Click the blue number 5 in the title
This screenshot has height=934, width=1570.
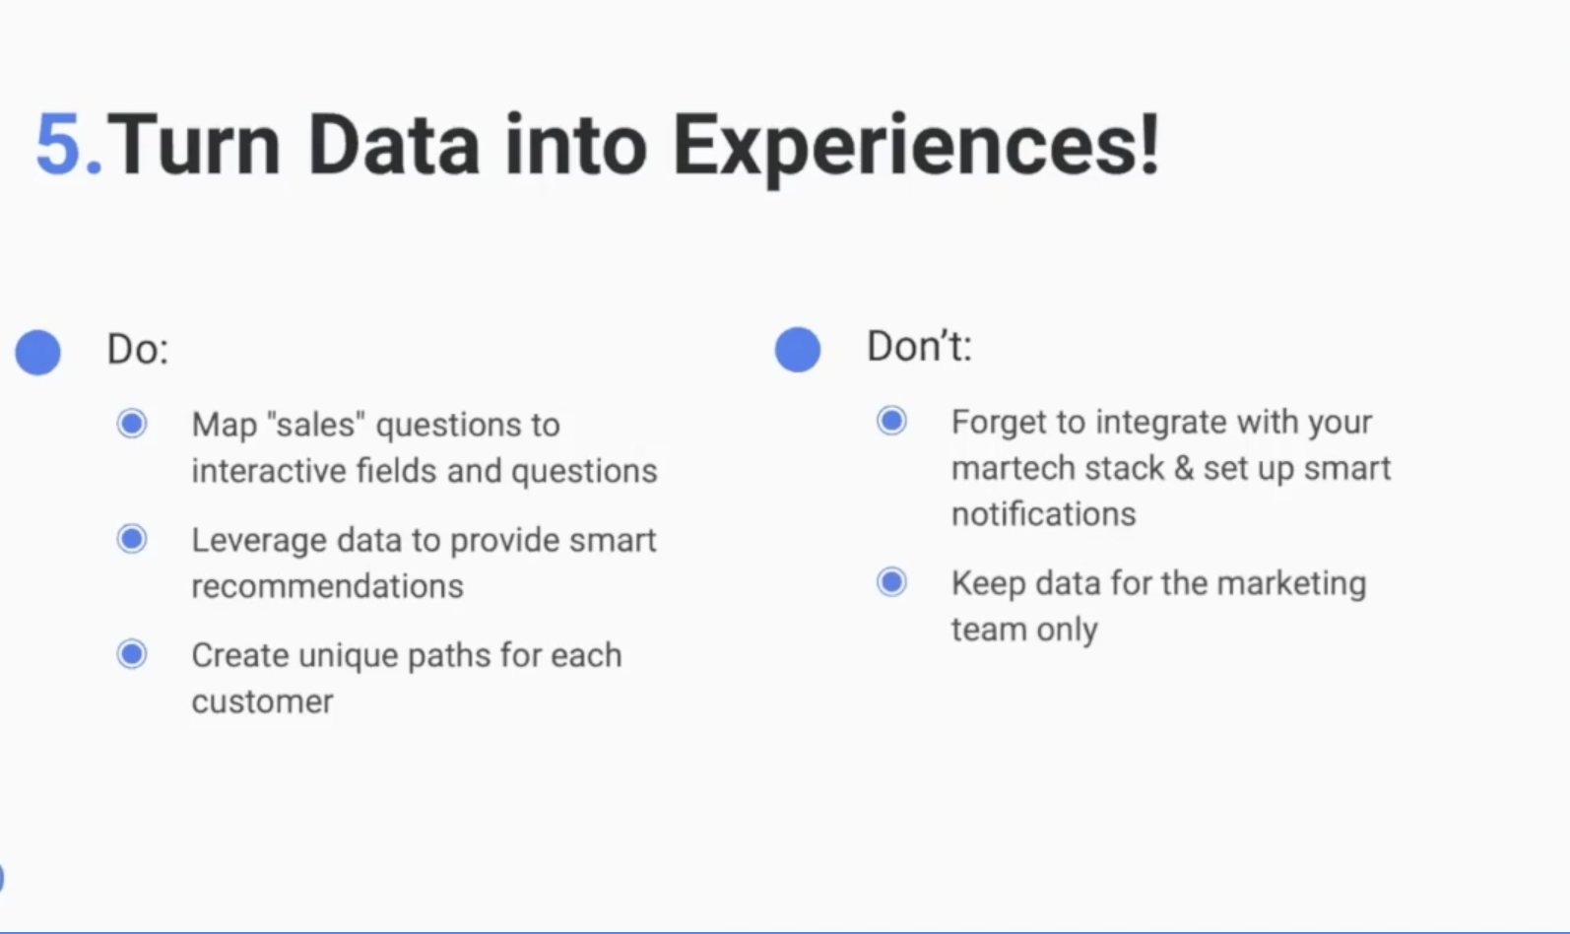[60, 144]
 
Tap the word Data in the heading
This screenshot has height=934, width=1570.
[393, 144]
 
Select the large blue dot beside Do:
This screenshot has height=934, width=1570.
[37, 352]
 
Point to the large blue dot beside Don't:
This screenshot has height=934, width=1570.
[798, 349]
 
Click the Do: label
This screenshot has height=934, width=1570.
[138, 349]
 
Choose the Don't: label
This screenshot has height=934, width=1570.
[920, 346]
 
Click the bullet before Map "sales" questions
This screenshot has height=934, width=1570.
[132, 424]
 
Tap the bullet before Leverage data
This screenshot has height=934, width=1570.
[132, 539]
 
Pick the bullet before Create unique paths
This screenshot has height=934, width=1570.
[132, 654]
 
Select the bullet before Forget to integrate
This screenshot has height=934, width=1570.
[891, 421]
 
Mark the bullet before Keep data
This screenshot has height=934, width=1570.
[891, 582]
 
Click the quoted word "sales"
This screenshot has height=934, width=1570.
[316, 424]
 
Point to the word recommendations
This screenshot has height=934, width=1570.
[327, 586]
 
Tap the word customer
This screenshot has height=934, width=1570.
[263, 701]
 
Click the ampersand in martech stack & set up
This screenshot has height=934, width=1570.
[1184, 468]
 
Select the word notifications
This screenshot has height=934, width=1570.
[1044, 513]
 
